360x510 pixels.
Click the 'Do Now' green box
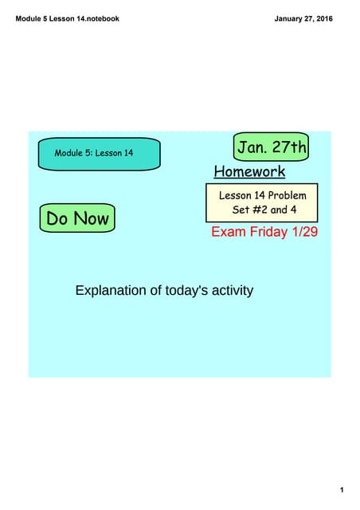[x=77, y=218]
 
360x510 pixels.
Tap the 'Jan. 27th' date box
[x=272, y=148]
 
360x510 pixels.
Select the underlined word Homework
[x=249, y=171]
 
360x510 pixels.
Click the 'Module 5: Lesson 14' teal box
[x=100, y=153]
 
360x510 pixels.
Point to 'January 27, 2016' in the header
[x=303, y=18]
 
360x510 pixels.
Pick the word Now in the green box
[x=92, y=218]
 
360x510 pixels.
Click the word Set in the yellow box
[x=241, y=210]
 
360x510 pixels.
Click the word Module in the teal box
[x=70, y=153]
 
